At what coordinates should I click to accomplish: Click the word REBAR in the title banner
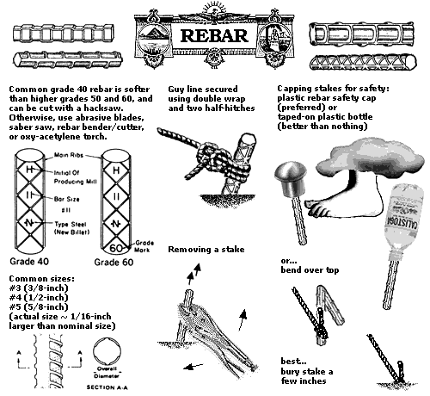click(x=215, y=37)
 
